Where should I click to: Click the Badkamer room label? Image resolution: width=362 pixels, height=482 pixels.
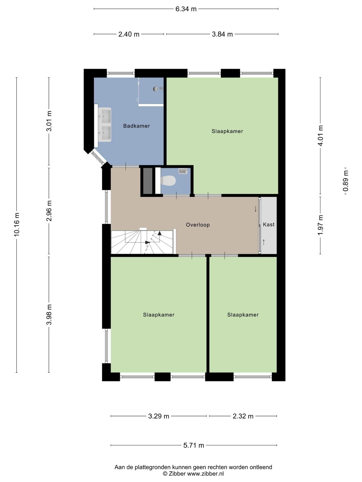point(137,126)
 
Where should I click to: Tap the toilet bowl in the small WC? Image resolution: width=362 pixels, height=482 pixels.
point(168,180)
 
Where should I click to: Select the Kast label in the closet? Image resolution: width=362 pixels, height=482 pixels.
point(269,224)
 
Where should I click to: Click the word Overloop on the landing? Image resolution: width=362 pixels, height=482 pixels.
point(198,225)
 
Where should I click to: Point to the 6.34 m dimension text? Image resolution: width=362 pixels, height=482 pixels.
point(186,9)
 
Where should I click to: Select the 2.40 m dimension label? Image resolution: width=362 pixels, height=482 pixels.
point(129,34)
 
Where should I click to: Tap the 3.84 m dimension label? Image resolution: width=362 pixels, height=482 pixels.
point(222,34)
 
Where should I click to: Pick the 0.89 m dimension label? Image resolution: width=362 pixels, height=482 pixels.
point(346,181)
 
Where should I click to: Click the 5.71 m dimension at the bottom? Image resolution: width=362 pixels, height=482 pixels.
point(194,445)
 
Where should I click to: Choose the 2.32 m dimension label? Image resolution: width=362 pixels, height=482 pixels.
point(243,416)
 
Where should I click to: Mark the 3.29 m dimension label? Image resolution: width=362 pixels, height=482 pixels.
point(159,416)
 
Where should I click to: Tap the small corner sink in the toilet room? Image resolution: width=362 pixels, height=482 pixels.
point(183,171)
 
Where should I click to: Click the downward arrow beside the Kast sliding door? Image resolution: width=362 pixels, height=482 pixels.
point(256,209)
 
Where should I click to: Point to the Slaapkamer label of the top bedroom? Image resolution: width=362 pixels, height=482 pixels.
point(227,131)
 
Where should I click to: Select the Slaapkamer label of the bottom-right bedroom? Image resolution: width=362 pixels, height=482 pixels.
point(243,315)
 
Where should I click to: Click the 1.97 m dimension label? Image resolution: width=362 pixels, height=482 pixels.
point(320,225)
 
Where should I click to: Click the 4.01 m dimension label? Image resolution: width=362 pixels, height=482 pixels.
point(320,136)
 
